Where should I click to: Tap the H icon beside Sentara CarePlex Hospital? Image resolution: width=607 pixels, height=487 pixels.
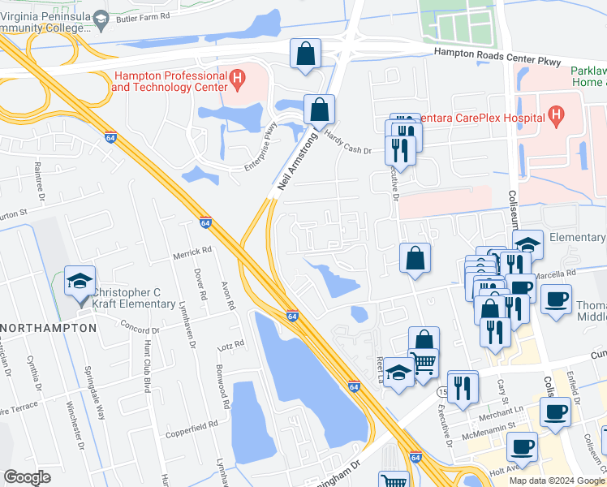click(556, 117)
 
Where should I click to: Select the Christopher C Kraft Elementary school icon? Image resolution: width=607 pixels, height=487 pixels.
click(80, 282)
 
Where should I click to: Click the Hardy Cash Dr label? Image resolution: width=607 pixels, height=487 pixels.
click(347, 144)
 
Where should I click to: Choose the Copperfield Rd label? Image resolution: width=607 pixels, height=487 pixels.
click(191, 424)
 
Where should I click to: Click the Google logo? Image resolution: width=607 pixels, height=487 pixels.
click(27, 476)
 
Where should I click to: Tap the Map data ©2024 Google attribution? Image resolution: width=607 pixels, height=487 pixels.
click(555, 481)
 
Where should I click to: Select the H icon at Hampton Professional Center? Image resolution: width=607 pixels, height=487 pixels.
click(238, 79)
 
